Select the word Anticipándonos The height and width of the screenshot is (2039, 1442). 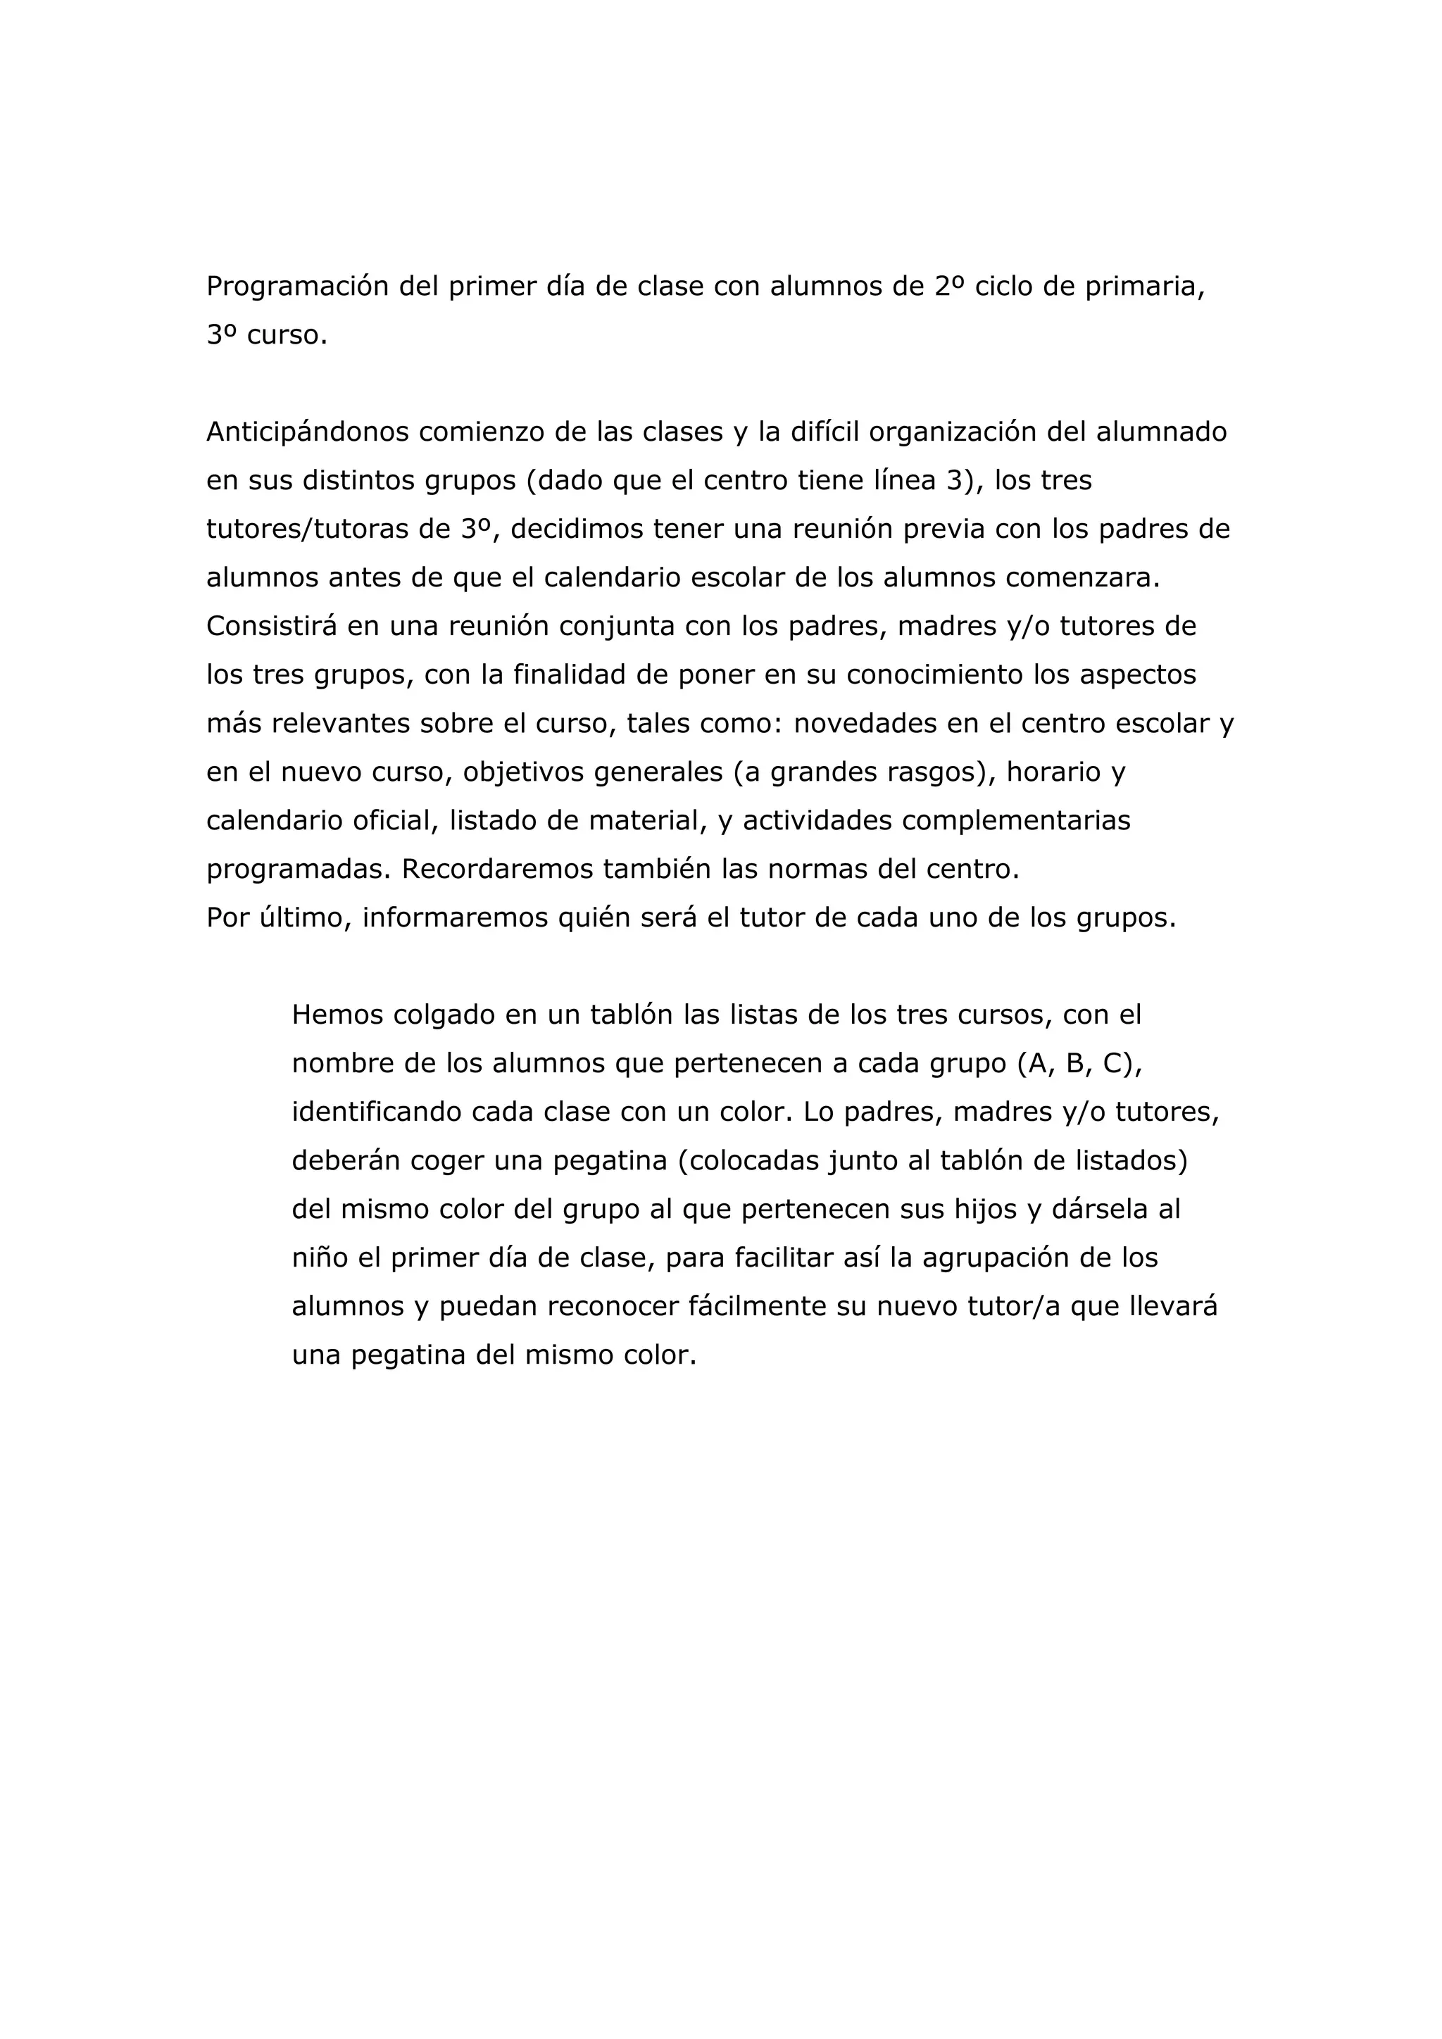tap(307, 432)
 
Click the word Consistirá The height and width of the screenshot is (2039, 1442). tap(272, 627)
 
